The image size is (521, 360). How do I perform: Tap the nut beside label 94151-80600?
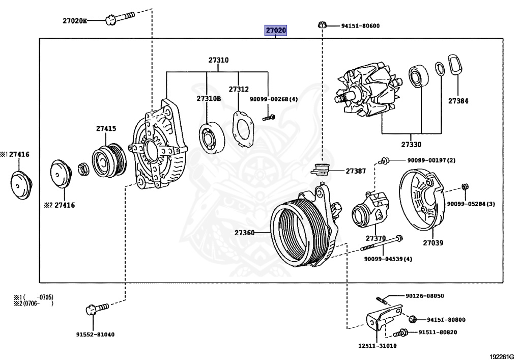coord(322,25)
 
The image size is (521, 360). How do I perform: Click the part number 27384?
coord(458,101)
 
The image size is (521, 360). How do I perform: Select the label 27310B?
coord(209,99)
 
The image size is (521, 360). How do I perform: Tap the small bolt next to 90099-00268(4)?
coord(269,118)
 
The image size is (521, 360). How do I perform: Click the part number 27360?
coord(244,233)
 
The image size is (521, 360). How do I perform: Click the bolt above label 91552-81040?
coord(96,308)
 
